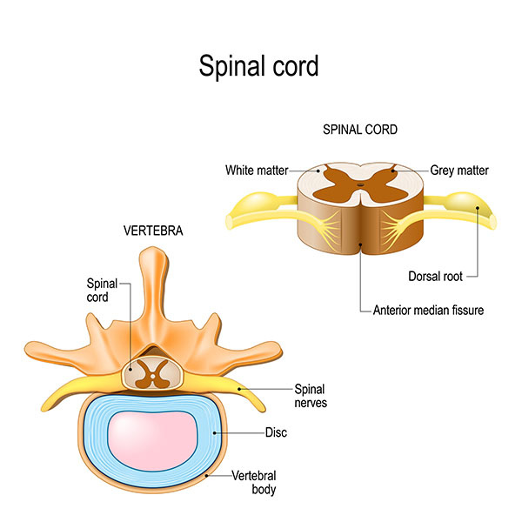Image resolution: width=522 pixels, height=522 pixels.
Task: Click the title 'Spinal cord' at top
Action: click(x=260, y=66)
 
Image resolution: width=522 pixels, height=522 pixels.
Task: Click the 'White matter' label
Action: click(x=257, y=171)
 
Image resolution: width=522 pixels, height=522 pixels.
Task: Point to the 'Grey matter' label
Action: click(x=459, y=171)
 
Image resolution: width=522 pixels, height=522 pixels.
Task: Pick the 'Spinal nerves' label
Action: click(x=311, y=396)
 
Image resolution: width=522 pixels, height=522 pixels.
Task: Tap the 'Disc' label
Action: click(x=276, y=432)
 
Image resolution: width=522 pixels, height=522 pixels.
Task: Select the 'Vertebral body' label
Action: click(x=254, y=483)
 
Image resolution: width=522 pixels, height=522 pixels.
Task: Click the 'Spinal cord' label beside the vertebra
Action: click(x=99, y=290)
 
